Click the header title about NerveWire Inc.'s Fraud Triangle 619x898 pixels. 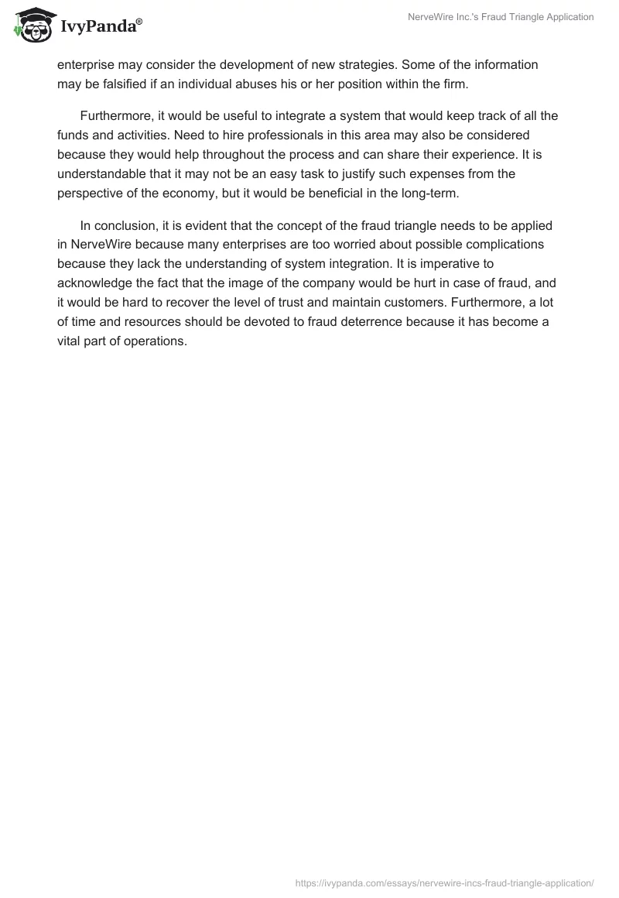tap(501, 17)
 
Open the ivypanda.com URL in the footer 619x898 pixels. tap(445, 882)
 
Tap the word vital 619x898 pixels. tap(71, 341)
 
